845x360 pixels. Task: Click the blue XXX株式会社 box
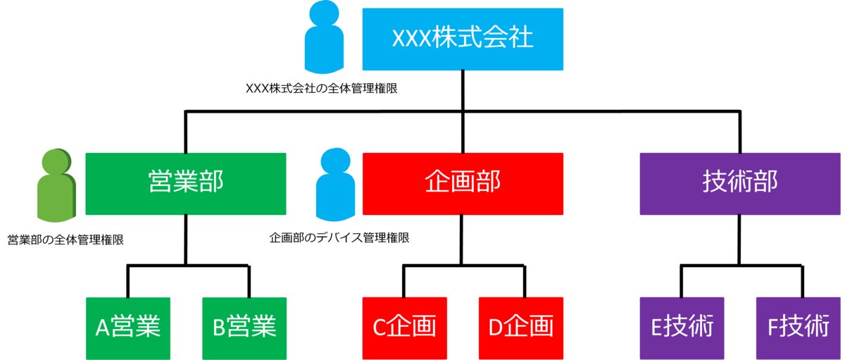point(463,39)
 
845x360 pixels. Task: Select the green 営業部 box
point(186,183)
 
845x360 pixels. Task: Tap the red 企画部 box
point(463,183)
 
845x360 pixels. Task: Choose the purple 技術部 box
point(740,183)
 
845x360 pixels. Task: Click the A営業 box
point(128,328)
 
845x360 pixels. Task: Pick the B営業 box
point(244,328)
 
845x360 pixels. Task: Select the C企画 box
point(405,328)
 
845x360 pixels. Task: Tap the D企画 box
point(520,328)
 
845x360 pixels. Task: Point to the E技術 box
point(682,328)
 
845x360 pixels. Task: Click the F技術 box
point(798,328)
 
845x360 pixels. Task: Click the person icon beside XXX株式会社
point(324,39)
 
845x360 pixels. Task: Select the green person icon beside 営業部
point(56,187)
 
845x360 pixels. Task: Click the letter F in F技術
point(772,328)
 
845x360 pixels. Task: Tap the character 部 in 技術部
point(765,183)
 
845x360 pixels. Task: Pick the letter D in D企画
point(496,328)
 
